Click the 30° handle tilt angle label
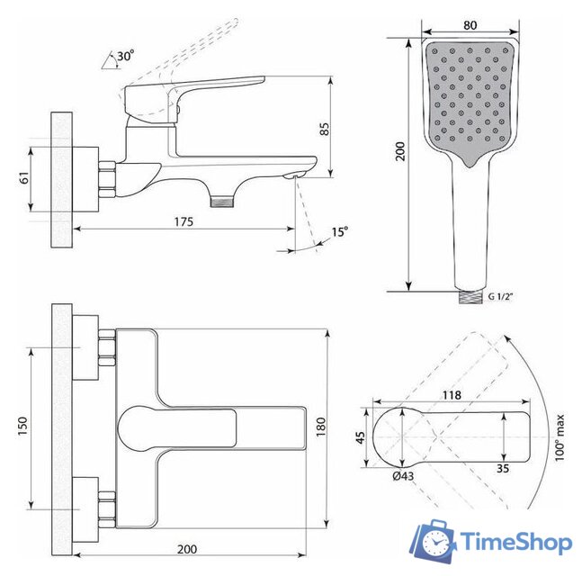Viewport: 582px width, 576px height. tap(125, 56)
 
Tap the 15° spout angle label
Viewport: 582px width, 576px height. tap(340, 231)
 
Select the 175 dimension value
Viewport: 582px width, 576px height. tap(184, 221)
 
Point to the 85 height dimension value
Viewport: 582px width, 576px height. tap(325, 129)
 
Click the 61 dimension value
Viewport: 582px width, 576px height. tap(24, 177)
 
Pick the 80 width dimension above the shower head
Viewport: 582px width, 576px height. tap(470, 25)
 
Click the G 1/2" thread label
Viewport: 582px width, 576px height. tap(500, 296)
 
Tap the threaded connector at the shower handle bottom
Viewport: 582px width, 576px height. tap(470, 296)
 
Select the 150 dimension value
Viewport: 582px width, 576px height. tap(22, 427)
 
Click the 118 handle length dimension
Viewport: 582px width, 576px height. tap(452, 395)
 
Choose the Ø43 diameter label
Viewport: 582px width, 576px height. tap(403, 476)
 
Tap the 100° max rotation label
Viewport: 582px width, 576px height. tap(560, 437)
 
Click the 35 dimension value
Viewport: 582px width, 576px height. tap(503, 468)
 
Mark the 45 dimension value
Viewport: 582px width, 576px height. tap(360, 437)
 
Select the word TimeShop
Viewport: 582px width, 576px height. tap(516, 542)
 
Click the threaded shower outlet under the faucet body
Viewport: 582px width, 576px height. tap(222, 202)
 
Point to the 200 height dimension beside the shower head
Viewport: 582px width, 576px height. tap(400, 151)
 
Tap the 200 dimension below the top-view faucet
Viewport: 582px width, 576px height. tap(187, 549)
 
